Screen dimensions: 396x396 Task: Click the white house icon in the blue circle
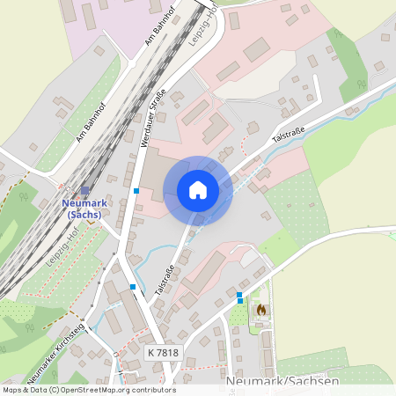click(198, 190)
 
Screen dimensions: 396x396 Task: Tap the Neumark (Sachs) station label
click(84, 208)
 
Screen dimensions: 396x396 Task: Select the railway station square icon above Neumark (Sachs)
click(84, 190)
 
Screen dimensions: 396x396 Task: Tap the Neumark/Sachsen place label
click(282, 381)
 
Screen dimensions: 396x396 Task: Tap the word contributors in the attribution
click(156, 390)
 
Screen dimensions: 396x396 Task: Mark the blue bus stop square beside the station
click(136, 190)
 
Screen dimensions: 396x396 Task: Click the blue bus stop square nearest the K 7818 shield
click(133, 287)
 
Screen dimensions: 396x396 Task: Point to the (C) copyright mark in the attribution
click(54, 390)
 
